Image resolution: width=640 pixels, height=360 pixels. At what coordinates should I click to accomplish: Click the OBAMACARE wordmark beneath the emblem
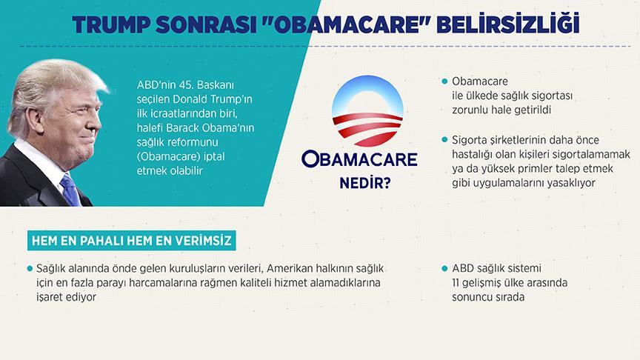click(x=359, y=159)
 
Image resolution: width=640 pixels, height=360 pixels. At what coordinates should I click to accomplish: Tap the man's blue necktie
click(x=70, y=189)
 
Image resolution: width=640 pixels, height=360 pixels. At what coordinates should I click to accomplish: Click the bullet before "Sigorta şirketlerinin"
click(x=444, y=139)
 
